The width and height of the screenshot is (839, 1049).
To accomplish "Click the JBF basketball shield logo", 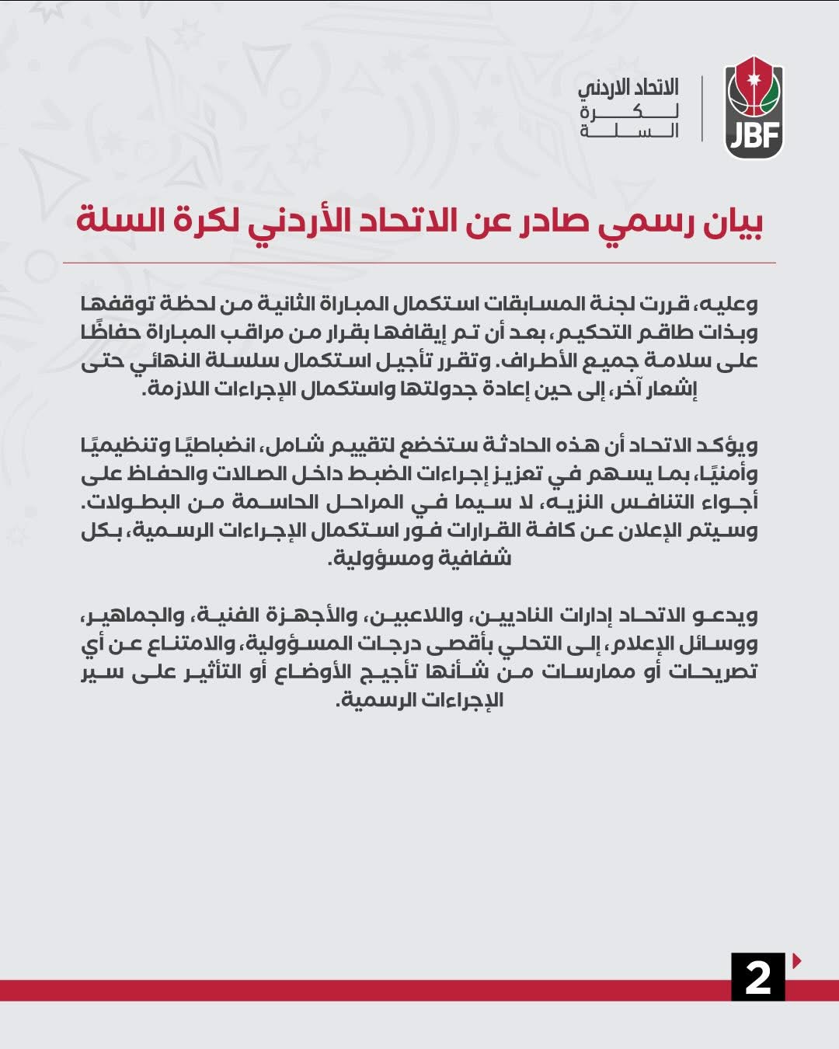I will coord(754,109).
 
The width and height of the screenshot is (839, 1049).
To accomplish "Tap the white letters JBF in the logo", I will coord(754,137).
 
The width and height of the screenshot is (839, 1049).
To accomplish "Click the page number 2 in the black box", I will coord(757,977).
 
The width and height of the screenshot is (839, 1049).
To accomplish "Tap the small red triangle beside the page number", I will coord(796,961).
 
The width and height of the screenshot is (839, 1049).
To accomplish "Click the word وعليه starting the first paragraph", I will coord(729,303).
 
